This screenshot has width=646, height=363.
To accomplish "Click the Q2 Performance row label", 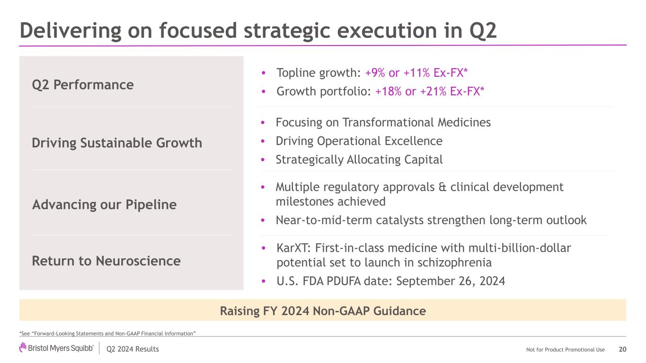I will pyautogui.click(x=83, y=85).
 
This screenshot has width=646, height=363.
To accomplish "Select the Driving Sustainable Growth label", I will pyautogui.click(x=117, y=143).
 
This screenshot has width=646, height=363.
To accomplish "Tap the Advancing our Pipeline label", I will pyautogui.click(x=104, y=205).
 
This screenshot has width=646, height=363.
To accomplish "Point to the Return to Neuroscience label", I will pyautogui.click(x=106, y=261).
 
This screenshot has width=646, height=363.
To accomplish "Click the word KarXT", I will pyautogui.click(x=292, y=248).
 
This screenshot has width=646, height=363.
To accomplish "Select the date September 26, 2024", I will pyautogui.click(x=451, y=281).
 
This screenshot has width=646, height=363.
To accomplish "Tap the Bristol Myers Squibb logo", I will pyautogui.click(x=57, y=349).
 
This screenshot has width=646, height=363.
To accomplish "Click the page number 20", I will pyautogui.click(x=622, y=349).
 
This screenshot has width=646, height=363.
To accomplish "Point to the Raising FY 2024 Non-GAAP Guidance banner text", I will pyautogui.click(x=323, y=311).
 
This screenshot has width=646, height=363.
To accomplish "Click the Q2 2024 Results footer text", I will pyautogui.click(x=133, y=349).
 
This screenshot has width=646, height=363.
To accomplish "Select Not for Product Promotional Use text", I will pyautogui.click(x=565, y=350).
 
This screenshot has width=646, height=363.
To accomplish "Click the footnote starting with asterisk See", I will pyautogui.click(x=107, y=334).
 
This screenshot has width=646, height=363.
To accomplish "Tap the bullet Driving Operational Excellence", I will pyautogui.click(x=359, y=141).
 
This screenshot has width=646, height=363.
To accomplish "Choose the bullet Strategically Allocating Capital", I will pyautogui.click(x=359, y=160).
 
